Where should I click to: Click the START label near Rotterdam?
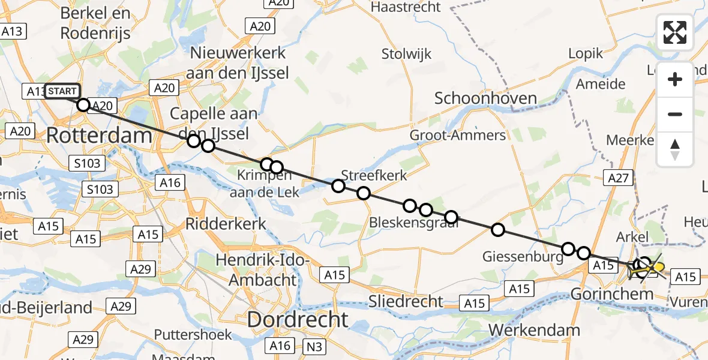62,91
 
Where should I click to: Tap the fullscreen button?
675,32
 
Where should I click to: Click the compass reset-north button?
675,149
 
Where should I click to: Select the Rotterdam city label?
98,135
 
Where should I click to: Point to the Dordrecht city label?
298,319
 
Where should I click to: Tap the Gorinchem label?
620,295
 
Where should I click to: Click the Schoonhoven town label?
485,98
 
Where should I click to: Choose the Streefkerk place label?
374,175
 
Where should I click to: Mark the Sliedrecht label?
406,301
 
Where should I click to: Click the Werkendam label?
535,330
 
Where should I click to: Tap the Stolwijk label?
406,54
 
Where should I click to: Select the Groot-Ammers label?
458,135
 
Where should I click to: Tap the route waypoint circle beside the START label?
83,106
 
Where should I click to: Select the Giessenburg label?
523,257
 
